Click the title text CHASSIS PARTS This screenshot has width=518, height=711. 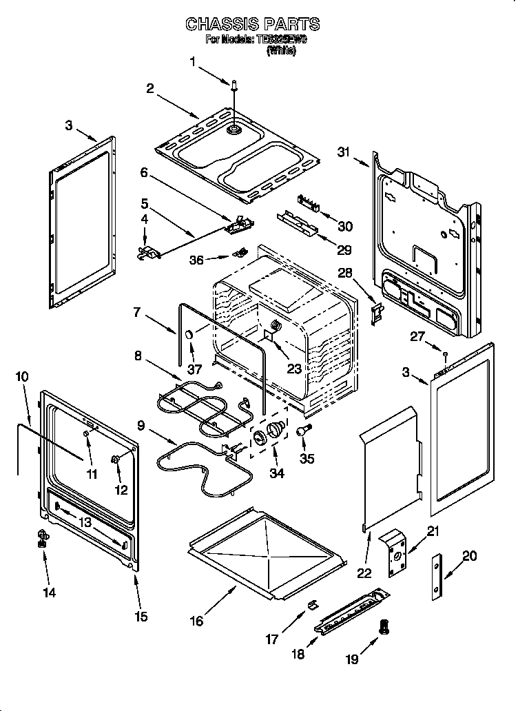(253, 24)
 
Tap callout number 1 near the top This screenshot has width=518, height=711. (194, 61)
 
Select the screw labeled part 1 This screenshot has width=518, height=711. (235, 85)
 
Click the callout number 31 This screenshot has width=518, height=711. (344, 152)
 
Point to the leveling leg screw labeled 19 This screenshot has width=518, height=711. (385, 627)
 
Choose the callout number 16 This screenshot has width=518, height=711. (197, 621)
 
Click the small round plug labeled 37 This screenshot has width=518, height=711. (187, 335)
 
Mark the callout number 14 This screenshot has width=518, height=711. (51, 592)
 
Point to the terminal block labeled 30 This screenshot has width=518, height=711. (309, 202)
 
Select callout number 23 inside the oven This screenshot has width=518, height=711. (294, 369)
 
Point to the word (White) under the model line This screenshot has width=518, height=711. (281, 50)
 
